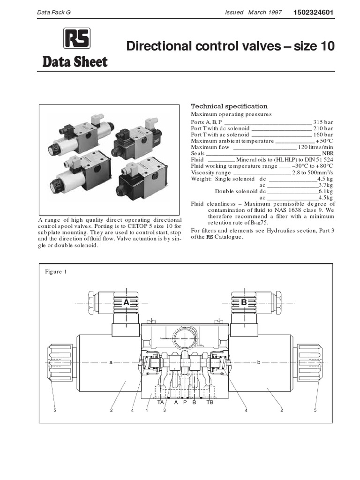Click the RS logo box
pyautogui.click(x=77, y=38)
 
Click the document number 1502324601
pyautogui.click(x=314, y=12)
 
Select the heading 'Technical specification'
pyautogui.click(x=229, y=106)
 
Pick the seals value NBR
pyautogui.click(x=328, y=153)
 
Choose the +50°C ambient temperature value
pyautogui.click(x=324, y=141)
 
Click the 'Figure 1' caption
pyautogui.click(x=56, y=272)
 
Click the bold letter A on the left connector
pyautogui.click(x=126, y=303)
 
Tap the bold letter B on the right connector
pyautogui.click(x=244, y=303)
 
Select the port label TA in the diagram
pyautogui.click(x=161, y=402)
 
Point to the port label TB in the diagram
pyautogui.click(x=210, y=402)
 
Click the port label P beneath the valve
pyautogui.click(x=185, y=402)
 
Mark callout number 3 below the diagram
pyautogui.click(x=165, y=411)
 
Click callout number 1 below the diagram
pyautogui.click(x=147, y=411)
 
